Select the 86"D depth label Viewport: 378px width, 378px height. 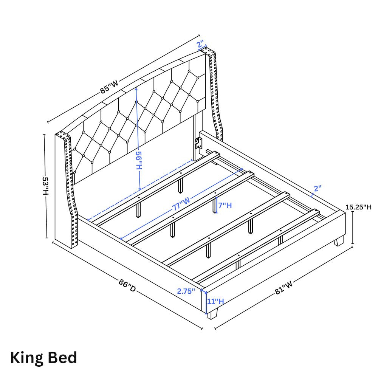pyautogui.click(x=127, y=285)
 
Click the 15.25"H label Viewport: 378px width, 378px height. pyautogui.click(x=358, y=207)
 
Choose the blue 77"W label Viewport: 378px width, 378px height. pyautogui.click(x=181, y=204)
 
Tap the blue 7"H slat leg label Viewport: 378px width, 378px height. pyautogui.click(x=225, y=205)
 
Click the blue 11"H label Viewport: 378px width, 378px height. pyautogui.click(x=215, y=301)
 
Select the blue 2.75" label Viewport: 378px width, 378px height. pyautogui.click(x=186, y=291)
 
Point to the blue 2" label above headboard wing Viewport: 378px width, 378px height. pyautogui.click(x=200, y=45)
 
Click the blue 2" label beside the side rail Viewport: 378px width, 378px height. pyautogui.click(x=318, y=188)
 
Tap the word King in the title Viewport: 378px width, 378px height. pyautogui.click(x=26, y=358)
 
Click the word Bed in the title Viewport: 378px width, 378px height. pyautogui.click(x=62, y=357)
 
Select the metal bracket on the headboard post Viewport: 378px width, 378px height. pyautogui.click(x=198, y=143)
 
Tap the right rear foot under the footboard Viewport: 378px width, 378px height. pyautogui.click(x=339, y=241)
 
